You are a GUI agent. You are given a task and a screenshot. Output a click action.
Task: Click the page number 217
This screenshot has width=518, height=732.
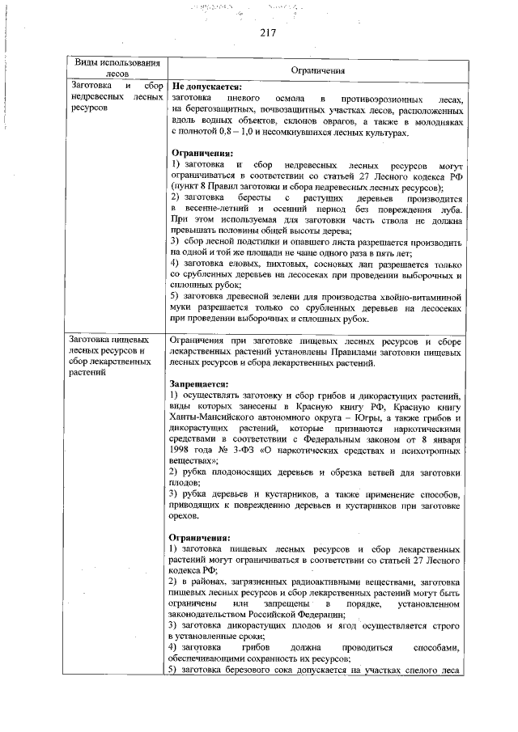[269, 33]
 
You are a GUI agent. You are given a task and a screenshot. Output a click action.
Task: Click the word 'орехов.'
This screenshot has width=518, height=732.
[184, 514]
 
